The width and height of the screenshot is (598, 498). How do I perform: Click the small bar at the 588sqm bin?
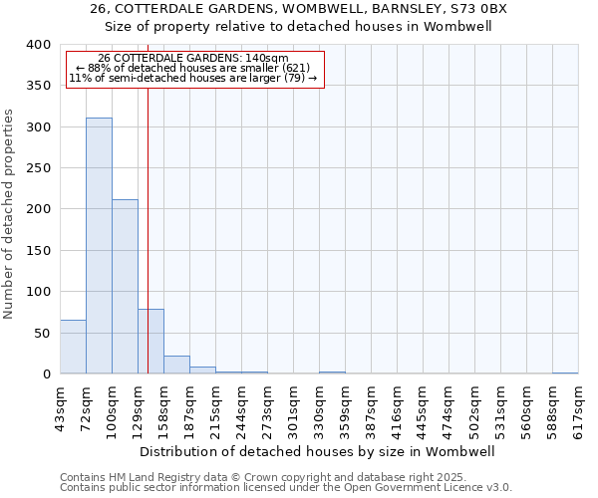[x=565, y=373]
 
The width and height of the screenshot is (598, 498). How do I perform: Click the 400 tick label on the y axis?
[x=38, y=45]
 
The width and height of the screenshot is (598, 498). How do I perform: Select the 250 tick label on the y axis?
[x=38, y=168]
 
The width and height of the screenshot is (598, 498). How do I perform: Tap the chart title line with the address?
[x=298, y=9]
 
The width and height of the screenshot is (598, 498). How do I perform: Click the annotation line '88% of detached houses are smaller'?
[x=194, y=68]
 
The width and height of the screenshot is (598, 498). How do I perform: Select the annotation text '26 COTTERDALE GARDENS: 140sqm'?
[x=194, y=58]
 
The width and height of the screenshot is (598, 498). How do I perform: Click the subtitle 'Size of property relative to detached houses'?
[x=298, y=27]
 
